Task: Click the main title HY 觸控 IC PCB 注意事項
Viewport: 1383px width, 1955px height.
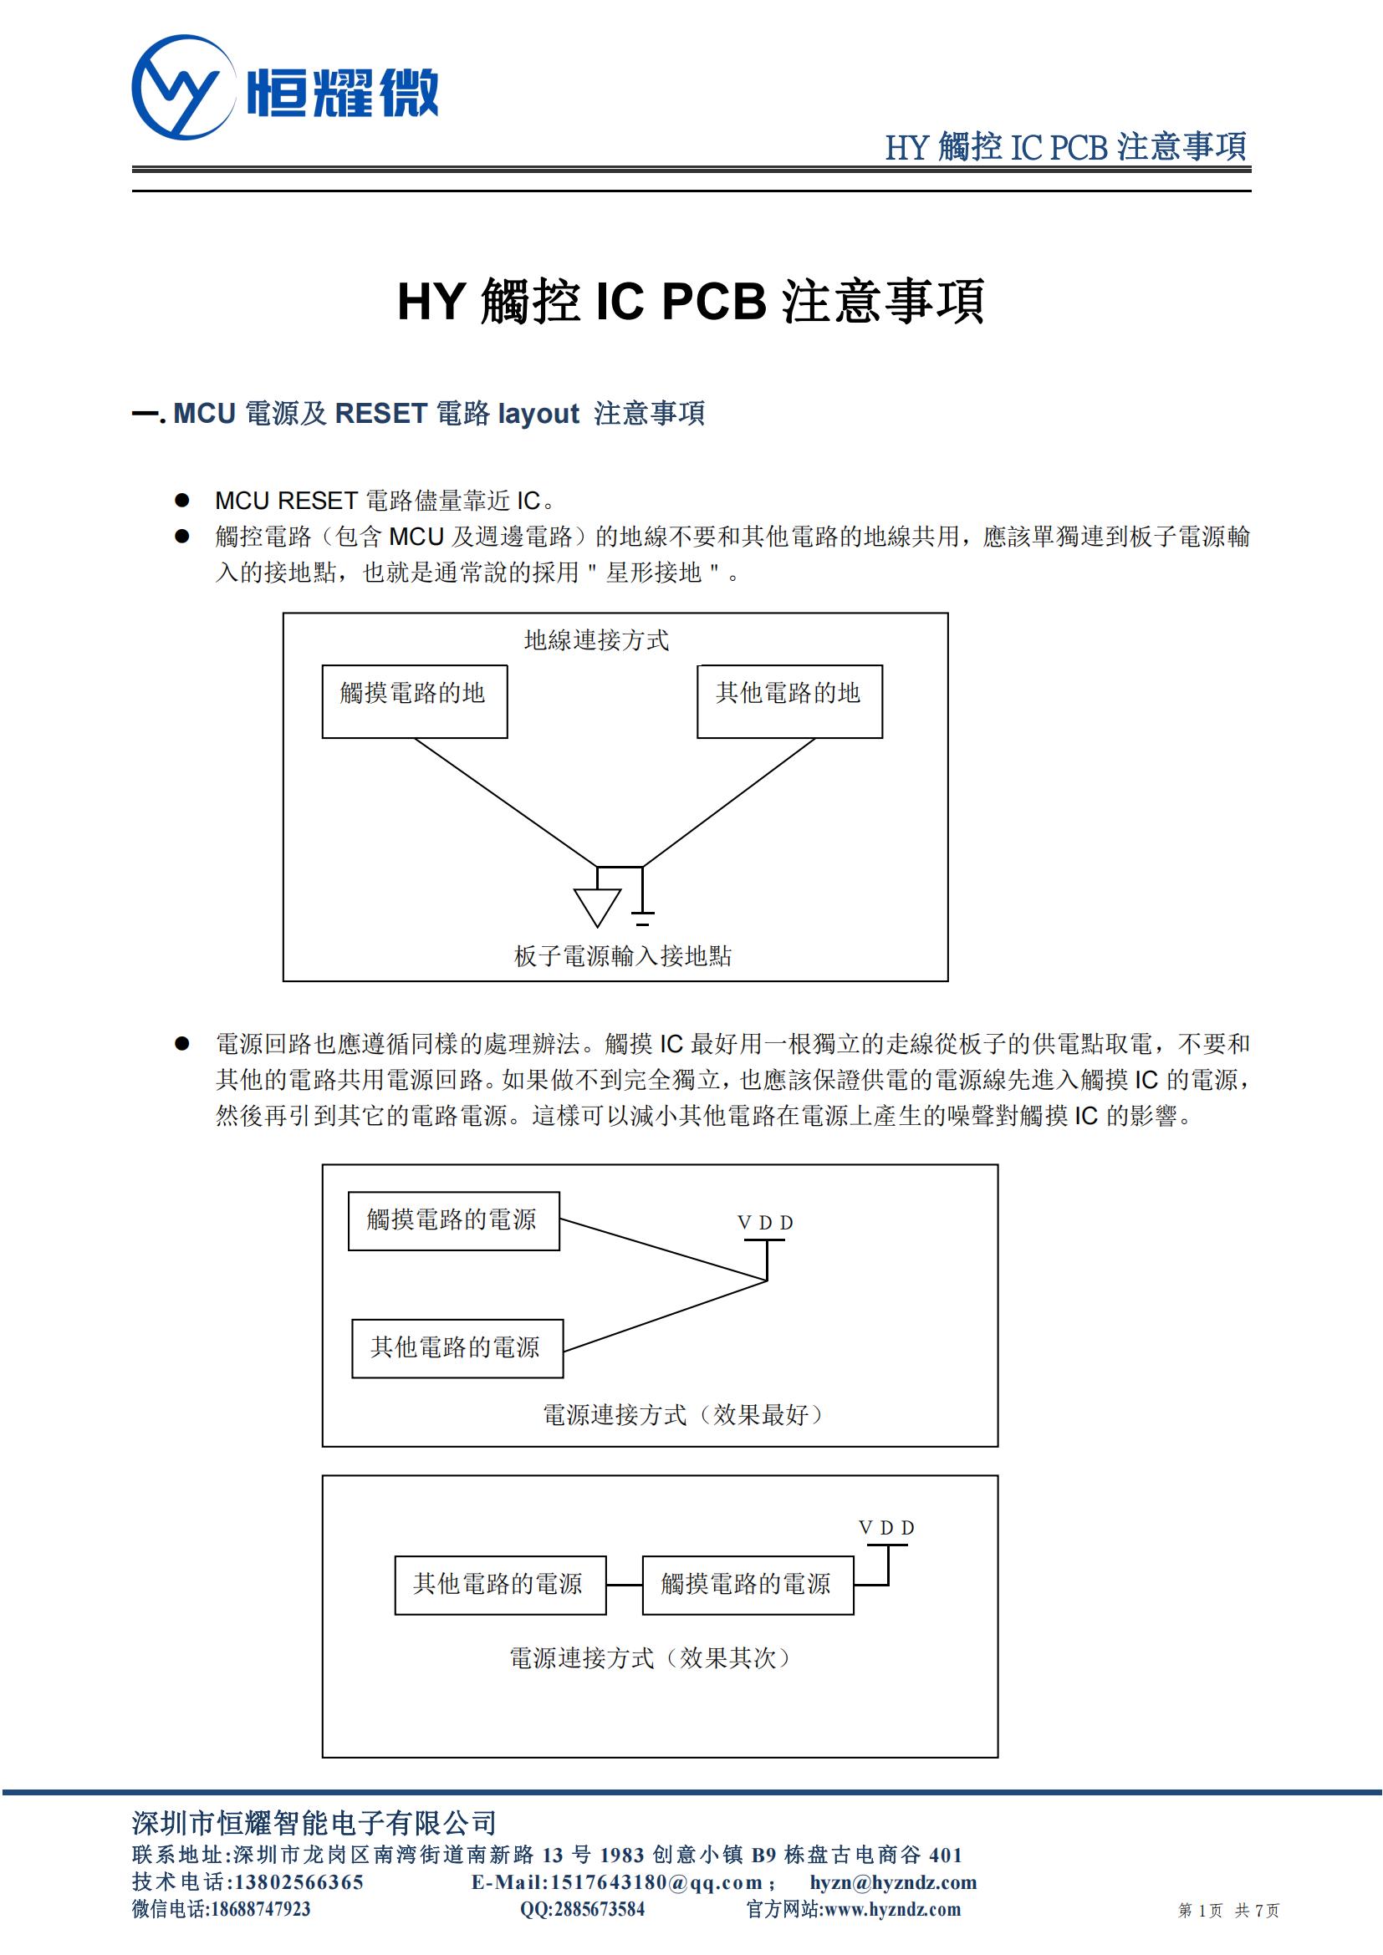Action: coord(691,301)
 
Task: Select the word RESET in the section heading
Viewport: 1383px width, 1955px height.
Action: coord(380,414)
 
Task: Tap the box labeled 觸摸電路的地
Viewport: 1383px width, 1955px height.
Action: coord(414,700)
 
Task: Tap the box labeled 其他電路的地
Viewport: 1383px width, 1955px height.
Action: coord(789,700)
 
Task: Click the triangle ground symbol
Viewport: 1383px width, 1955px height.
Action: coord(597,905)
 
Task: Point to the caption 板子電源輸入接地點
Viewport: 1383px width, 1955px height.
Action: coord(623,956)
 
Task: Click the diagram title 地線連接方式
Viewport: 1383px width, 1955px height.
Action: coord(596,640)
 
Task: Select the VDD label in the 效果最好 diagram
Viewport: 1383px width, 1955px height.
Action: coord(765,1223)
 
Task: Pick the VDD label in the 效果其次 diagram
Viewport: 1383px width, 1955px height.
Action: coord(886,1528)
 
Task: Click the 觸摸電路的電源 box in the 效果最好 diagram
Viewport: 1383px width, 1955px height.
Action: coord(453,1220)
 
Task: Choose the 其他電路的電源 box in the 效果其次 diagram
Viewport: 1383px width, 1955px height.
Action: coord(500,1585)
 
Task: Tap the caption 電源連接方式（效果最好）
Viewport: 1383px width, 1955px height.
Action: coord(685,1414)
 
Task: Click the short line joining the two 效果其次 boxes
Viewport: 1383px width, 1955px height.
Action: coord(625,1585)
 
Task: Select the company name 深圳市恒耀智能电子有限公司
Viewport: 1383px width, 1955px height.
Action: coord(314,1823)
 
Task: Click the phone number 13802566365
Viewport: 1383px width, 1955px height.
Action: coord(298,1881)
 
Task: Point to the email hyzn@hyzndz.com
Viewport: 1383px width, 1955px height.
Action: coord(893,1881)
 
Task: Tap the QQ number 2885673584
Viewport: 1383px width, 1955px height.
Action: coord(600,1909)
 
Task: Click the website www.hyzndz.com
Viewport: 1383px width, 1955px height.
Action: coord(892,1909)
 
